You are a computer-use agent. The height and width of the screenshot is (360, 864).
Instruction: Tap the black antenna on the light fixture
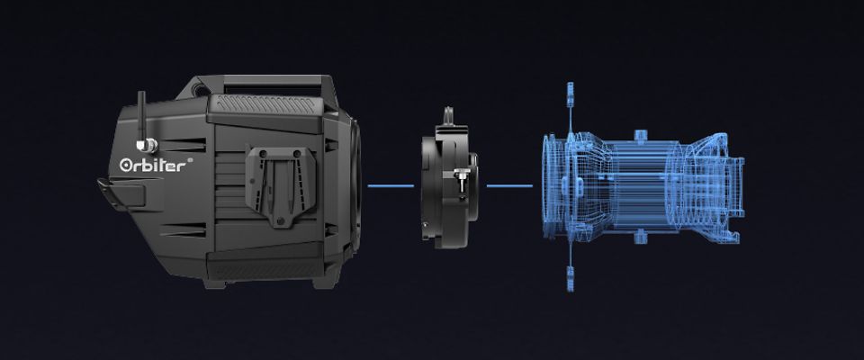click(x=141, y=116)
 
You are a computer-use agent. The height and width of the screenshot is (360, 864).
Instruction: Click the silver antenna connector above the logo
click(x=148, y=146)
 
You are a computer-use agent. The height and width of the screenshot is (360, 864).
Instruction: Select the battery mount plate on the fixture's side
click(x=282, y=185)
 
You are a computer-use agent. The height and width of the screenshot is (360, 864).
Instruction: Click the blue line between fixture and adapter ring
click(x=391, y=185)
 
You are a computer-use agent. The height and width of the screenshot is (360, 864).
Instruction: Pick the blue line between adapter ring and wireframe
click(x=509, y=185)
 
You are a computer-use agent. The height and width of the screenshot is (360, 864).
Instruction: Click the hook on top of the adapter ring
click(x=449, y=116)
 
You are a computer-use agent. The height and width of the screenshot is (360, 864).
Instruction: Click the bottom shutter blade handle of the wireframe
click(x=571, y=278)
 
